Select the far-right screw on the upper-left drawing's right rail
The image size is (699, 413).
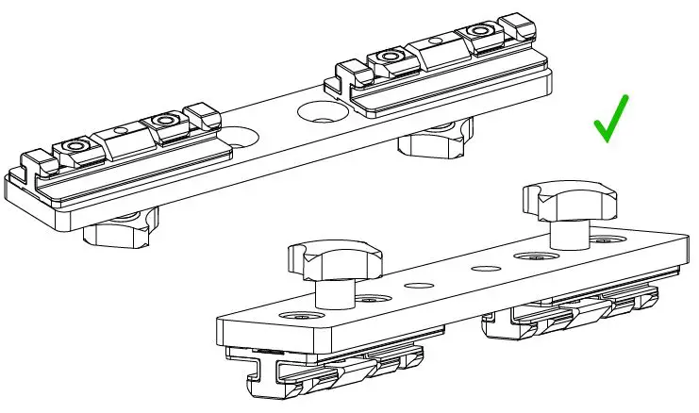482,33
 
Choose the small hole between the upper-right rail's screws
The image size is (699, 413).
435,42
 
